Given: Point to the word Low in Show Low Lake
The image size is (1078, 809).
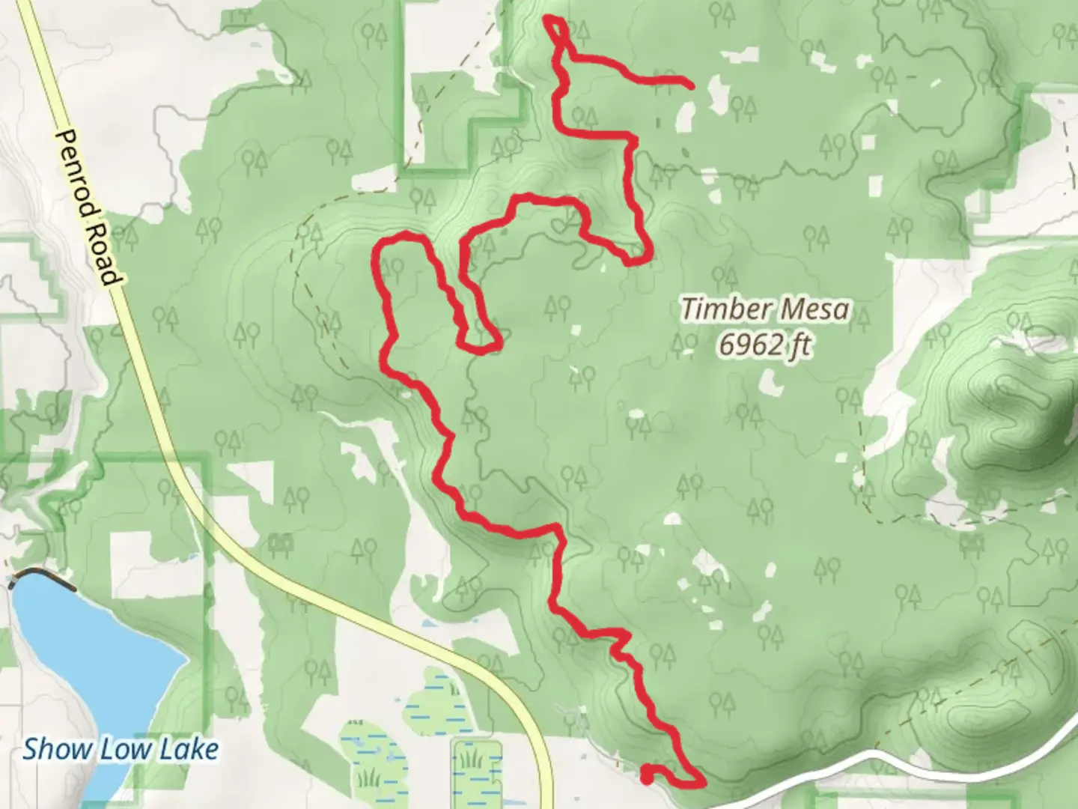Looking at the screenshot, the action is tap(118, 748).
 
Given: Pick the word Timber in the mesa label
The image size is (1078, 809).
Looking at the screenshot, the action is tap(720, 309).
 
